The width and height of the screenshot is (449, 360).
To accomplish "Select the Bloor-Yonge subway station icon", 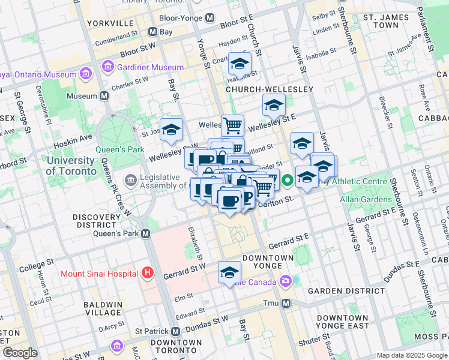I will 209,18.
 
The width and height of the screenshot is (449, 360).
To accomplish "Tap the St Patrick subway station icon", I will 175,331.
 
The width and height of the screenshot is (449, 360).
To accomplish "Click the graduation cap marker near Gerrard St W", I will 229,273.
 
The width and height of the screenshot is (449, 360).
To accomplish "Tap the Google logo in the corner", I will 20,353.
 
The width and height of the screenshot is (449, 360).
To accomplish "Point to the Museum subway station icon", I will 104,96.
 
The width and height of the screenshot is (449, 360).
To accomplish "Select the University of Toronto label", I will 70,166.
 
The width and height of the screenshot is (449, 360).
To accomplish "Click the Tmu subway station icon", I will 286,303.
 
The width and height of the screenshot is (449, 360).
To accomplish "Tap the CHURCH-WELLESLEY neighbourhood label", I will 270,89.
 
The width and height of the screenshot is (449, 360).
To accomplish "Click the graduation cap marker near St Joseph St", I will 171,130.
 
